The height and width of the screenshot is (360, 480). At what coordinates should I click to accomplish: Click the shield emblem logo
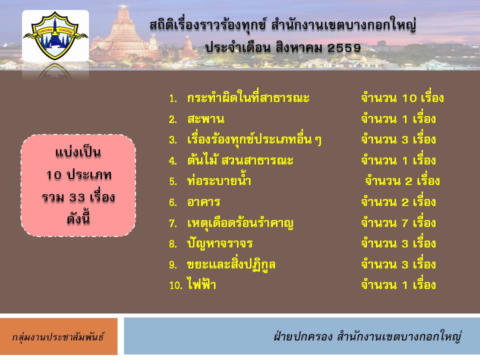[55, 35]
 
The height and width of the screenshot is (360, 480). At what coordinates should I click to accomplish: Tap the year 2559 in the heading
[344, 48]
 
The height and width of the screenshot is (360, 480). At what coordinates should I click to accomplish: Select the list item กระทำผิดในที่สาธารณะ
[248, 97]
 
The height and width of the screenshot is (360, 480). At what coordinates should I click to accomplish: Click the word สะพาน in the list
[205, 119]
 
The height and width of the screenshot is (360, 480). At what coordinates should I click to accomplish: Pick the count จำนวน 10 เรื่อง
[402, 97]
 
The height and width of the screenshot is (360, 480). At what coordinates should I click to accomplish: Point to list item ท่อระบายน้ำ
[219, 180]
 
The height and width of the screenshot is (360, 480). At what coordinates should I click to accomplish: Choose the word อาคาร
[203, 202]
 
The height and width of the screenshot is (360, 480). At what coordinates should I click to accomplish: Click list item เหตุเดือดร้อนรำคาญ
[240, 223]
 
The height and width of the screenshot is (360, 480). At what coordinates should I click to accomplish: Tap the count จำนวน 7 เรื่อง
[398, 222]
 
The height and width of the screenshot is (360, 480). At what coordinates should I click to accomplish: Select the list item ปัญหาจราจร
[220, 243]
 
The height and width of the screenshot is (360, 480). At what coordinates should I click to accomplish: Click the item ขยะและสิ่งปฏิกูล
[231, 264]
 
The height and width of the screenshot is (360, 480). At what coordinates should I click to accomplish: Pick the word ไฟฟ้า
[201, 284]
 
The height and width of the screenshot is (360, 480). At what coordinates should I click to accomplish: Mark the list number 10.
[175, 285]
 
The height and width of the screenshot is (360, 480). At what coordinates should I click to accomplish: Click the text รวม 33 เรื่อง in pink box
[78, 197]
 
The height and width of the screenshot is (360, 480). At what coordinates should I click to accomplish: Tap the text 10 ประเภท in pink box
[78, 175]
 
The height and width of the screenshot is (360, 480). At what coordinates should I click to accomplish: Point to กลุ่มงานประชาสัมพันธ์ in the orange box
[58, 336]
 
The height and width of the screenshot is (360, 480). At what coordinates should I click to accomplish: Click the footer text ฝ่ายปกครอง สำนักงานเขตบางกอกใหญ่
[367, 336]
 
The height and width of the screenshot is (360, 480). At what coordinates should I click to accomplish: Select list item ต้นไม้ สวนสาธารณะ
[240, 160]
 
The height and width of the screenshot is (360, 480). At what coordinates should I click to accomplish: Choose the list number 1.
[173, 98]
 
